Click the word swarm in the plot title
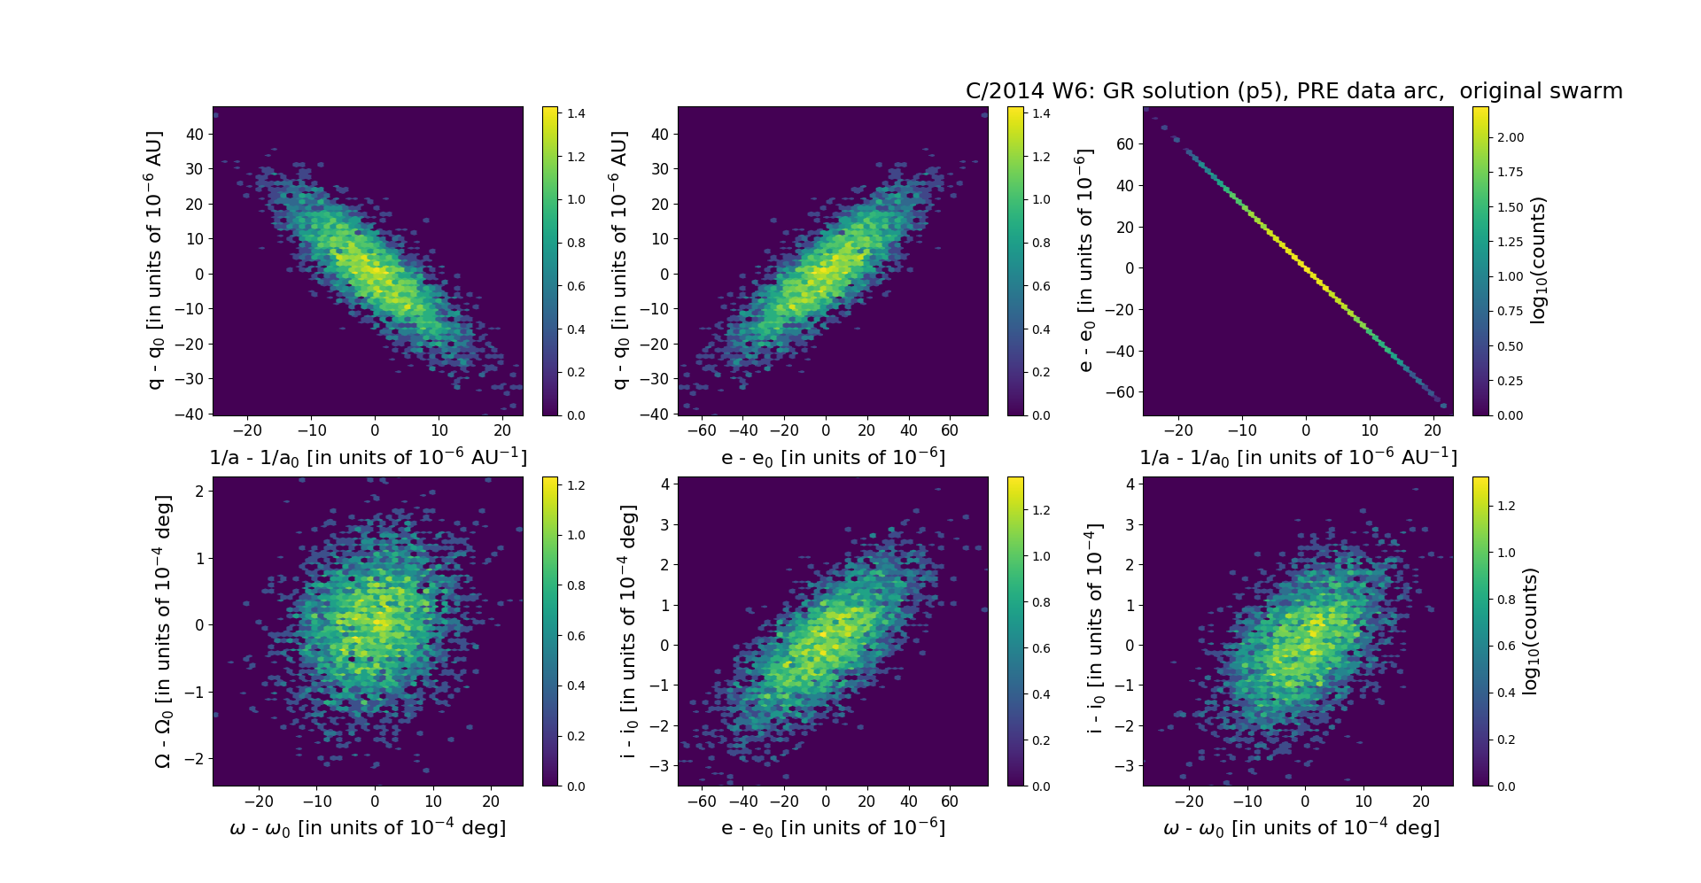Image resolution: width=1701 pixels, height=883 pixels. pos(1586,91)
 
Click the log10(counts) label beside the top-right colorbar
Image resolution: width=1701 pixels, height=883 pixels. pos(1539,260)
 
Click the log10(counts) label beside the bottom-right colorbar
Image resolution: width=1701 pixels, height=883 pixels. pos(1530,631)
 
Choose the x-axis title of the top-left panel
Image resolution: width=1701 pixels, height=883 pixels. pos(368,457)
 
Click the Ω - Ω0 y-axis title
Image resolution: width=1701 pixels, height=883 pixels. pos(163,631)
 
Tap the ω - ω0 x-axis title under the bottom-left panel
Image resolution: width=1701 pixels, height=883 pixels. pos(368,827)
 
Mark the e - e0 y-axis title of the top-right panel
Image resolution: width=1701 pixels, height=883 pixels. pos(1084,260)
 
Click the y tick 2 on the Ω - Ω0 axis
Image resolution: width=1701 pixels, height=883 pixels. pos(200,491)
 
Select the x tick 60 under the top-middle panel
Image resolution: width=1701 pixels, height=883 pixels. pos(950,430)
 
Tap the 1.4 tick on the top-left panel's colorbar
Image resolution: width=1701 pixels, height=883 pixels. pos(577,113)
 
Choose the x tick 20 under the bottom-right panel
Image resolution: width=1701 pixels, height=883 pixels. pos(1421,802)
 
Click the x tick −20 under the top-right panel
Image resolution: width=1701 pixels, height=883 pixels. pos(1178,430)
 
